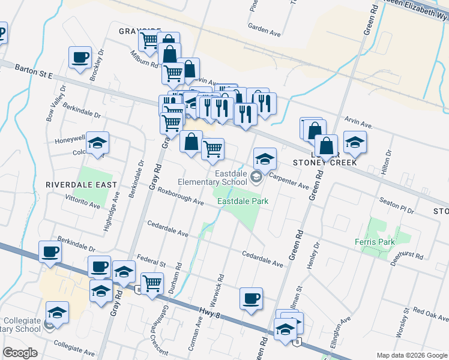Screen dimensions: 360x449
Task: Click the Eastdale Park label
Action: click(x=243, y=202)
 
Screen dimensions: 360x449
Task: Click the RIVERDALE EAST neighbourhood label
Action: click(x=81, y=185)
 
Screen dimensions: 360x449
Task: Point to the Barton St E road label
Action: click(x=34, y=71)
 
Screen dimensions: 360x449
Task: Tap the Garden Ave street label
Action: click(x=265, y=28)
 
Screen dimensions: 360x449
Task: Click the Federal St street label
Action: click(x=151, y=262)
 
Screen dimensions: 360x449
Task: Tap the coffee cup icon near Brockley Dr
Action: click(x=80, y=58)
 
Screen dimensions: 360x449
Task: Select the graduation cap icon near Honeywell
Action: click(x=97, y=143)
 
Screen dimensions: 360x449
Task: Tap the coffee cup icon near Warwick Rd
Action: click(x=251, y=298)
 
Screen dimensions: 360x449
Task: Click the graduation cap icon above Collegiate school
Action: click(x=57, y=312)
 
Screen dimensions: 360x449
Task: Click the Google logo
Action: click(x=20, y=353)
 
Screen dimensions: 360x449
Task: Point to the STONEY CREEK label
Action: click(x=325, y=162)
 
